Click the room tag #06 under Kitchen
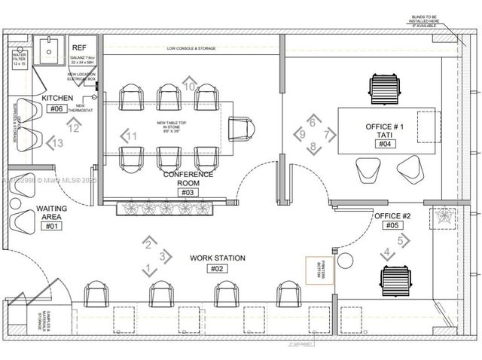point(56,108)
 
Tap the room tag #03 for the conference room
point(188,192)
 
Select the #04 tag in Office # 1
point(384,144)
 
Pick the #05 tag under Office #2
point(392,225)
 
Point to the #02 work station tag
point(218,269)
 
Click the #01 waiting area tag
point(51,226)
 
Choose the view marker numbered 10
point(191,86)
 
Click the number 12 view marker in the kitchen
point(73,128)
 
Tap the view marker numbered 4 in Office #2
point(387,253)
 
